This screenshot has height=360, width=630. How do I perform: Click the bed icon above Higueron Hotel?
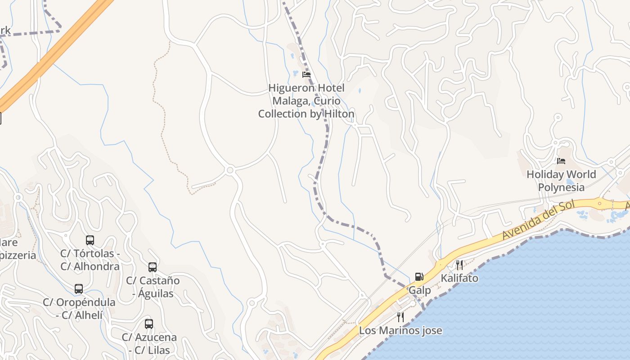[306, 75]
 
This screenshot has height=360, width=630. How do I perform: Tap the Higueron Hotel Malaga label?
[306, 101]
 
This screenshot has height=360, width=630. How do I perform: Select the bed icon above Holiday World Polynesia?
[561, 161]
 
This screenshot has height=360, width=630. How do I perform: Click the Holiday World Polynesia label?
[561, 181]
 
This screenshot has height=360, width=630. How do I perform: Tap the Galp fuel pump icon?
[419, 276]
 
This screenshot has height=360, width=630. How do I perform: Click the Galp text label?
[419, 290]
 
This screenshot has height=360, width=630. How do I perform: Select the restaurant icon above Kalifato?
[459, 265]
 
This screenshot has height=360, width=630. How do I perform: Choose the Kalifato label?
[459, 278]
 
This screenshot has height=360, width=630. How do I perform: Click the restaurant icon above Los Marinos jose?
[400, 317]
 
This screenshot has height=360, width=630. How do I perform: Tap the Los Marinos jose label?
[400, 331]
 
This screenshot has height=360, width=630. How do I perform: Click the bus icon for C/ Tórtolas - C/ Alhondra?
[90, 240]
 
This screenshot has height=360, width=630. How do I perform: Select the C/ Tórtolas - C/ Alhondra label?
[90, 260]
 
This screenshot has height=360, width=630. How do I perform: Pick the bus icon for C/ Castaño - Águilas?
[153, 267]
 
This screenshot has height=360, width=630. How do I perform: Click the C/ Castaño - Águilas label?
[153, 287]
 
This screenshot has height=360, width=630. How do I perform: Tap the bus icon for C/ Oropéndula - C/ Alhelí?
[79, 289]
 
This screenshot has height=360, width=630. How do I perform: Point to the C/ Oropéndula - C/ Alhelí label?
[79, 309]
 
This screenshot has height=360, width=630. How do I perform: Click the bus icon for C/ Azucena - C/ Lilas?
[149, 324]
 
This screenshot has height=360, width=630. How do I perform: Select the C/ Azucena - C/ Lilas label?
[149, 343]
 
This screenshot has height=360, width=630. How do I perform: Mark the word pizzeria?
[18, 256]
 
